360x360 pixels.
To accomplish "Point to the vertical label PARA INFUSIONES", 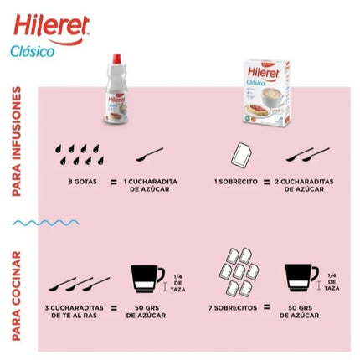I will (x=17, y=141).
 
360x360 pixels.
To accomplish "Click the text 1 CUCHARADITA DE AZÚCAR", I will (x=149, y=185).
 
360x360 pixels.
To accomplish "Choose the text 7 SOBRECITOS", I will (x=231, y=307).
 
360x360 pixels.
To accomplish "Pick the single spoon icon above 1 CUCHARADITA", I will (x=149, y=155).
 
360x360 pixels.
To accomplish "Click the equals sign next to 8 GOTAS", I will (x=113, y=181).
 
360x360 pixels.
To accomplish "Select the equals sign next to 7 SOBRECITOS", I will (x=266, y=307).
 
